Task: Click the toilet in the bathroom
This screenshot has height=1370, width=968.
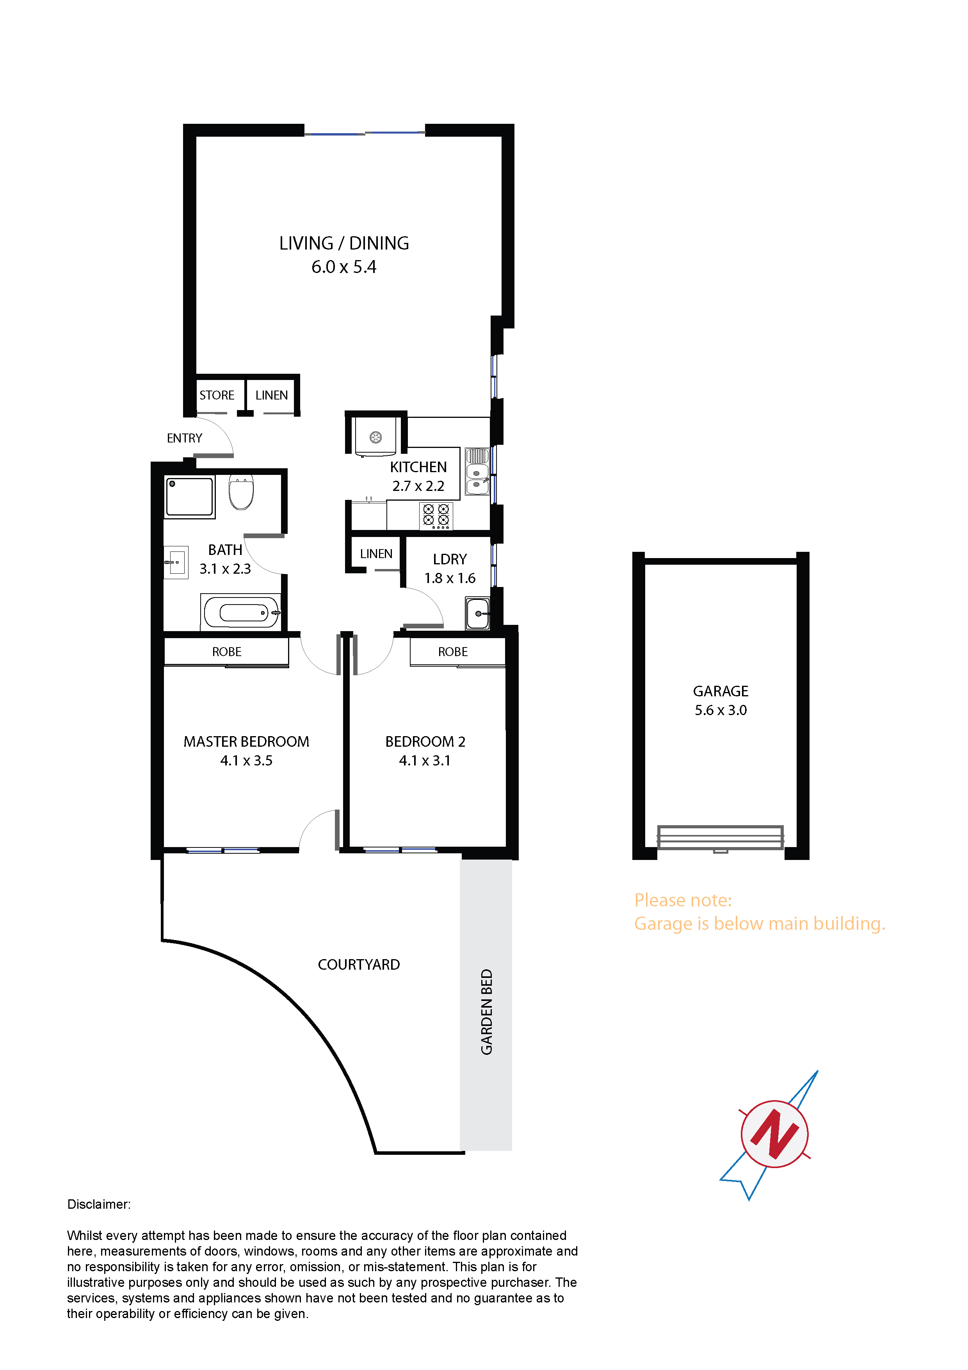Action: [241, 492]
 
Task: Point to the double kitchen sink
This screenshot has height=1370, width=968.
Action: [477, 471]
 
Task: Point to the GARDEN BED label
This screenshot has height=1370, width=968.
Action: [487, 1012]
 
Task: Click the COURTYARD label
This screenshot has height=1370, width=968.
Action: [358, 965]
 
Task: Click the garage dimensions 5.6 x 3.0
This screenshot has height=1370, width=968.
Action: [721, 710]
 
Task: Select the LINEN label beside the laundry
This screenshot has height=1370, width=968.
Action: [376, 554]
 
